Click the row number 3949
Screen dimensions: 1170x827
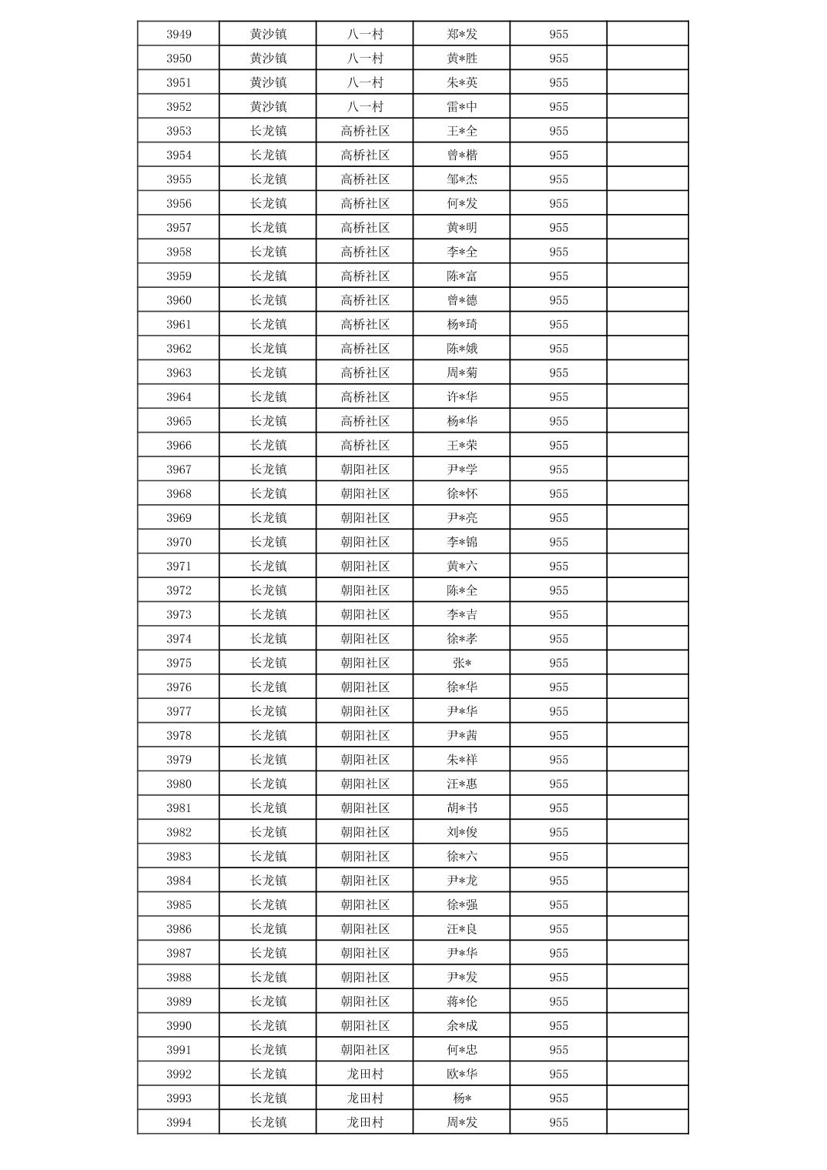click(179, 34)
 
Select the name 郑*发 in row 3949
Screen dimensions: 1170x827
click(462, 34)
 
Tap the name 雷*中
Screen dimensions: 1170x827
click(462, 106)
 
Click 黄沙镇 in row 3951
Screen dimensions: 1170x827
click(268, 82)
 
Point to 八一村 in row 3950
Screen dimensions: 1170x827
click(365, 58)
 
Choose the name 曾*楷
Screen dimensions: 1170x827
click(462, 155)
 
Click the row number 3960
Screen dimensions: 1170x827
click(179, 300)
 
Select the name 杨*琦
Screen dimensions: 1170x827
click(462, 324)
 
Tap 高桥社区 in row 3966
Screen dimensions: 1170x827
click(365, 445)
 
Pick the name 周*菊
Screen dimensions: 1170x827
click(462, 373)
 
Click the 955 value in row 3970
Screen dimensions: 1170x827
click(558, 542)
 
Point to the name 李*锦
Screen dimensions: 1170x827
click(462, 542)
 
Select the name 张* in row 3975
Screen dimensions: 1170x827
click(462, 663)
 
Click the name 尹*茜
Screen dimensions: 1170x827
click(462, 735)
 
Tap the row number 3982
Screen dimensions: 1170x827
click(179, 832)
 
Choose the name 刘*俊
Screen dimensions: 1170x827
click(462, 832)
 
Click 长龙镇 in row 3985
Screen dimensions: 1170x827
click(268, 904)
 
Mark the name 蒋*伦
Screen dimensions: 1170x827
click(462, 1001)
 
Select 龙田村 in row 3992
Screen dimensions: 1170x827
click(365, 1074)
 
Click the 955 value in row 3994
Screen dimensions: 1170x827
click(558, 1122)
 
